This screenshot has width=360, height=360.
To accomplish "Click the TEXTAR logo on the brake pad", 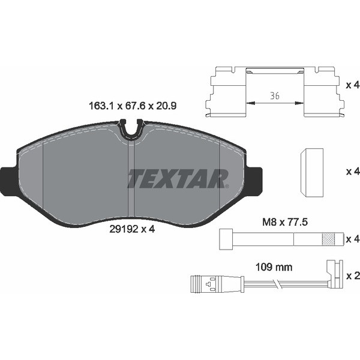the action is coord(178,179).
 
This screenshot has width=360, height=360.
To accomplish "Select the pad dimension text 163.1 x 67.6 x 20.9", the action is coord(133,106).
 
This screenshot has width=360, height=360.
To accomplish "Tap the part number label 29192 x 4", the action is coord(132,229).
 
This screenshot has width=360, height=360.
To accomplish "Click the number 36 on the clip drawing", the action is coord(275,95).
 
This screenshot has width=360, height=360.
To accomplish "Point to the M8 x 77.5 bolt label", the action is coord(285,222).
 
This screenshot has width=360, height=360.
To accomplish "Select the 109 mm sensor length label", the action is coord(274,267).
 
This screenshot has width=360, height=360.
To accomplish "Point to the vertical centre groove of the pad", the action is coord(131,179).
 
